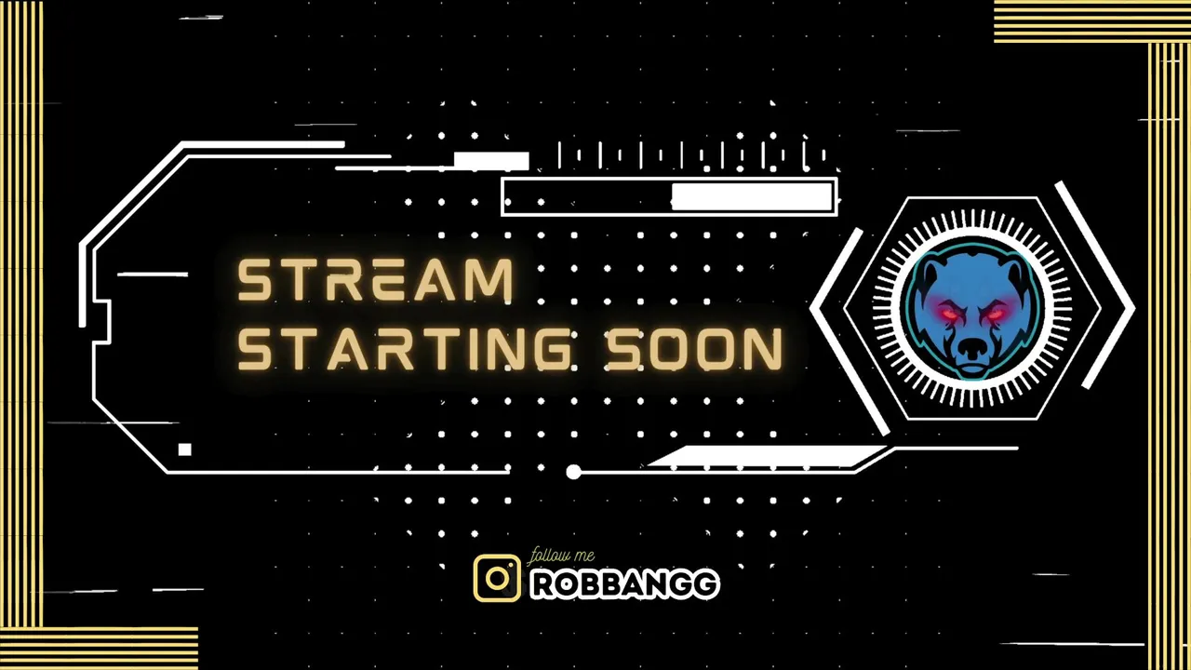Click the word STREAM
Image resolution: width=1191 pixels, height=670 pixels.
(x=375, y=280)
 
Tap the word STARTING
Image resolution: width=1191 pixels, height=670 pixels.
(x=403, y=348)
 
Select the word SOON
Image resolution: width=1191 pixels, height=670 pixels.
(x=694, y=348)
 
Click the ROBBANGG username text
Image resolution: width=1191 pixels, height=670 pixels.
(x=625, y=584)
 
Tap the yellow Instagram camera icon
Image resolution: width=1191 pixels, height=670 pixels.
(x=497, y=578)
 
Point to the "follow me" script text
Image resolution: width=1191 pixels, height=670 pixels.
(x=561, y=556)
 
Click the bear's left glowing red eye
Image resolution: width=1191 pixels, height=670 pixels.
(x=948, y=314)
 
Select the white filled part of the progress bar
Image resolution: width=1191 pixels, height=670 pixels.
(x=752, y=196)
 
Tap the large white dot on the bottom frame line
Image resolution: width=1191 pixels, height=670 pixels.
(x=573, y=472)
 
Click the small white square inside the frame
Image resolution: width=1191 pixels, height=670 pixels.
(x=184, y=449)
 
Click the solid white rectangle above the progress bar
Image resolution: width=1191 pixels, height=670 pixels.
(x=491, y=161)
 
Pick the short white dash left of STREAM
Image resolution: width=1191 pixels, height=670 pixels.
(x=152, y=275)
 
